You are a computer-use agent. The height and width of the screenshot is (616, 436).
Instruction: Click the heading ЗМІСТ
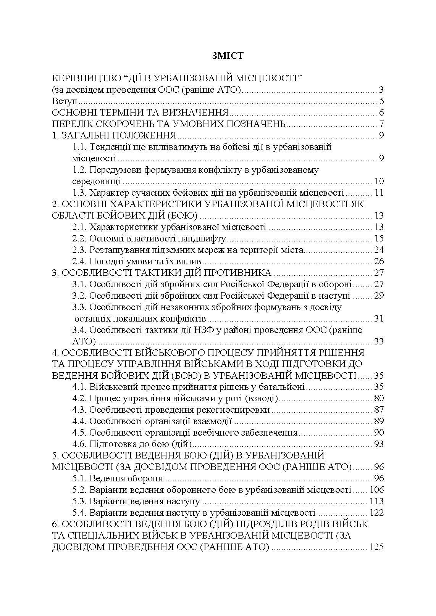pos(228,56)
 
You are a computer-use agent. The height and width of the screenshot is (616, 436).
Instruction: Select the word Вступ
pos(63,101)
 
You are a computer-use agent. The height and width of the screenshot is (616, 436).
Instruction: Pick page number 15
pos(379,239)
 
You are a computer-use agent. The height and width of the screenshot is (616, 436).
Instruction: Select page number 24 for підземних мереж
pos(379,250)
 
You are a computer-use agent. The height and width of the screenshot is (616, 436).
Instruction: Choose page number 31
pos(379,318)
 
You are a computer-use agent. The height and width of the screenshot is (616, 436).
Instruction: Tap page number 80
pos(379,398)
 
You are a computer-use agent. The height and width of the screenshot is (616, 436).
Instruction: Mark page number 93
pos(379,444)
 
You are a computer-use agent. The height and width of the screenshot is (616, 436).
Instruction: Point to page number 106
pos(376,490)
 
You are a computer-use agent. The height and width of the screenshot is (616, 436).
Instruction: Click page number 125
pos(376,547)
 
